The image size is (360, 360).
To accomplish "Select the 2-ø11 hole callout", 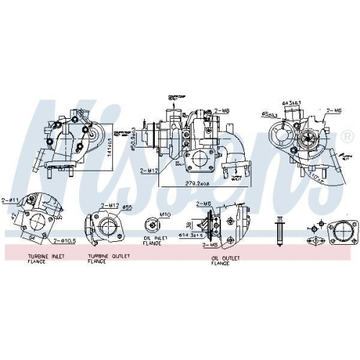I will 10,198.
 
